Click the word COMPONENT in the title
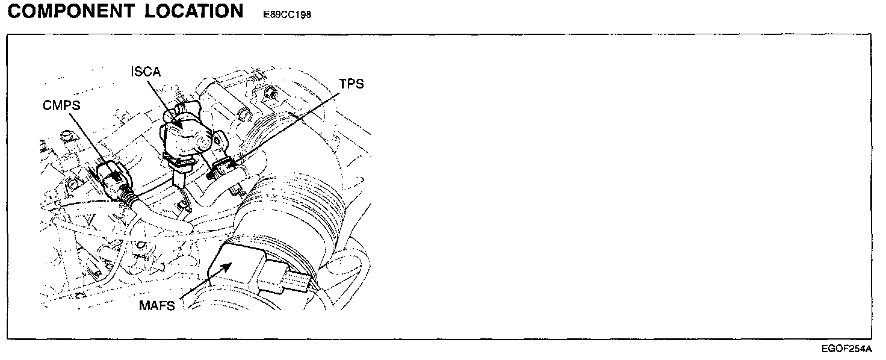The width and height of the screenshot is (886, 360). pos(70,12)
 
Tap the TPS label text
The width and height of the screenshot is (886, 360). pos(352,84)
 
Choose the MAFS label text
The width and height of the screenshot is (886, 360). pos(156,306)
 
